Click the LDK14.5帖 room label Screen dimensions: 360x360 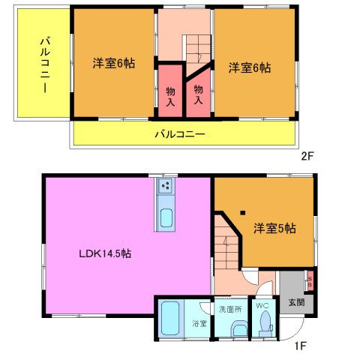click(x=105, y=254)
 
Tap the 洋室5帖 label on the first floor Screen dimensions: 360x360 click(x=274, y=228)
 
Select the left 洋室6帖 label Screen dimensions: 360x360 click(x=114, y=64)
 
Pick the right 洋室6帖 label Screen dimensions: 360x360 click(x=250, y=67)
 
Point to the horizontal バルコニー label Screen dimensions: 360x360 click(x=180, y=135)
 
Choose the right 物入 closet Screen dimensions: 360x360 click(x=199, y=92)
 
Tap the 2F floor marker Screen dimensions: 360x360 click(x=306, y=157)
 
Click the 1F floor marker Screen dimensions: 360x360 click(x=300, y=346)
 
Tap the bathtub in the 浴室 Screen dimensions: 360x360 click(x=170, y=318)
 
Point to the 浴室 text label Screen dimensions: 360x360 click(x=199, y=324)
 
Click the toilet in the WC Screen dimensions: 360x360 click(x=264, y=323)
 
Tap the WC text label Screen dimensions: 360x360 click(x=263, y=307)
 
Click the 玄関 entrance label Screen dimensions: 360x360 click(x=296, y=303)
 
